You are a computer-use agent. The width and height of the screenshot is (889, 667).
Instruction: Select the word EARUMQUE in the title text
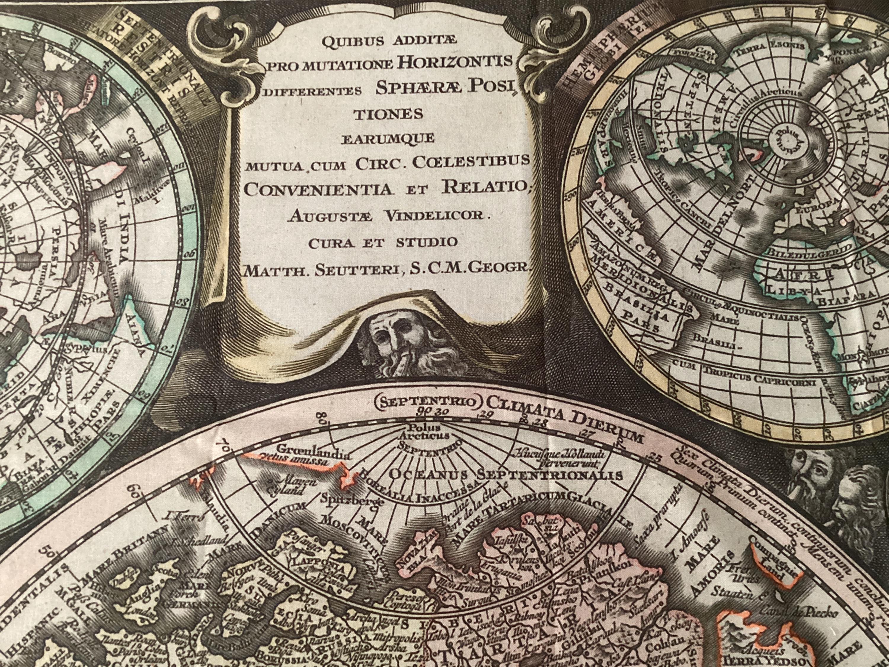point(388,138)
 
